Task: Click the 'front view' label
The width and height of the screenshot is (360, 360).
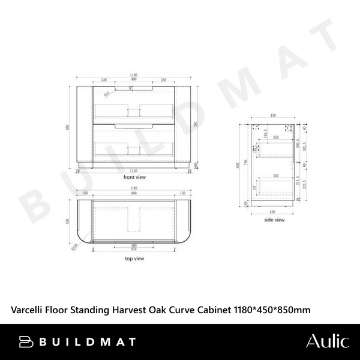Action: click(x=134, y=178)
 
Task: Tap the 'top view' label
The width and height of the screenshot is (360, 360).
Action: click(x=134, y=259)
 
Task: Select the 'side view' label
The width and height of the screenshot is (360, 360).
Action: click(x=274, y=220)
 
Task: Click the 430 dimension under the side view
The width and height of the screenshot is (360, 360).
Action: click(x=274, y=211)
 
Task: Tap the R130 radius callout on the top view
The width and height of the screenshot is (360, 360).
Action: click(x=75, y=246)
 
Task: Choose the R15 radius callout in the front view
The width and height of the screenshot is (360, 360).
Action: click(x=107, y=94)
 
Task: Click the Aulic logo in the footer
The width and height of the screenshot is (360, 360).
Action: click(x=327, y=342)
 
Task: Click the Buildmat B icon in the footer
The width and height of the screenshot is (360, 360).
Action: click(x=26, y=342)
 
